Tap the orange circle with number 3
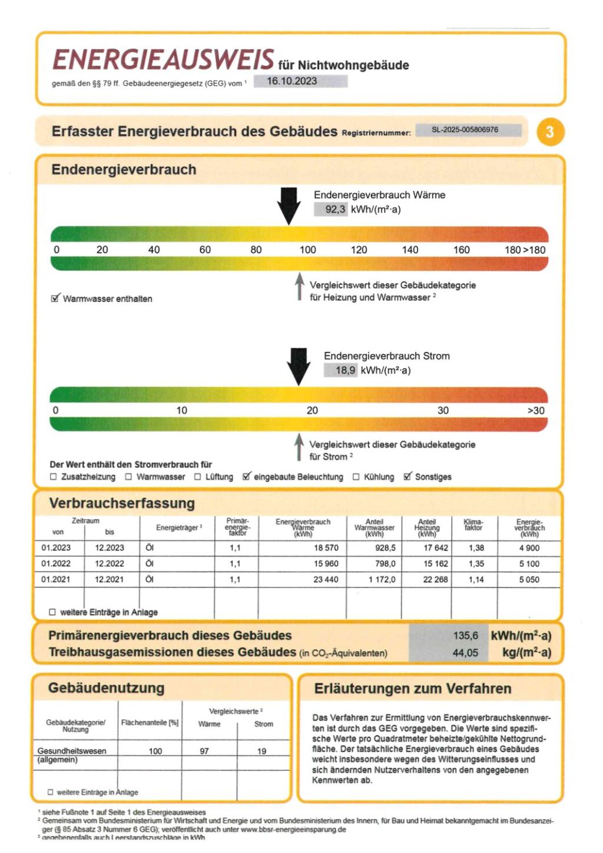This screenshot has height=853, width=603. (550, 131)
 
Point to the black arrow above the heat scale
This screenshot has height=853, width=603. (289, 205)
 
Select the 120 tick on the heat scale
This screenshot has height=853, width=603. (359, 250)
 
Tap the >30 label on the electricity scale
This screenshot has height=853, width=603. (535, 410)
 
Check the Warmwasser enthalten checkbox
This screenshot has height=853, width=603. (55, 298)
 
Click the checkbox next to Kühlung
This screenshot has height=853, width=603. (356, 477)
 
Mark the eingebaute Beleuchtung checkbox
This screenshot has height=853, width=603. (247, 476)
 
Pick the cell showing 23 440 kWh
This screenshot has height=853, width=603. (326, 579)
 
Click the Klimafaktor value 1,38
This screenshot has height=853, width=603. (476, 547)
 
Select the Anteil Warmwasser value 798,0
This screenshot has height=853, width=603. (385, 563)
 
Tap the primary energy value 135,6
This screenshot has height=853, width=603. (465, 635)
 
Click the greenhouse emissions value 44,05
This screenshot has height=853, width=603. (465, 652)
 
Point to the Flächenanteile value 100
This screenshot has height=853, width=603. (155, 751)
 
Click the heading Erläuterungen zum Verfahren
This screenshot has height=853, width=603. (412, 688)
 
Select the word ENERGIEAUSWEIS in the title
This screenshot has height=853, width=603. (163, 60)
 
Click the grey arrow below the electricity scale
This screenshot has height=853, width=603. (299, 447)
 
